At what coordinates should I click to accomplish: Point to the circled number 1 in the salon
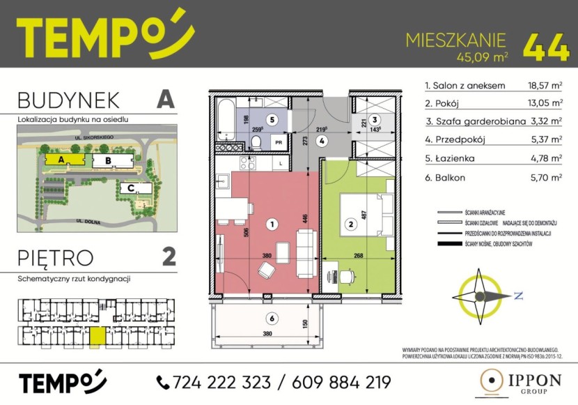pos(272,224)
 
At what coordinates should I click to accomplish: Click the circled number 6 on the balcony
pos(272,319)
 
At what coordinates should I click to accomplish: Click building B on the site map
pos(107,161)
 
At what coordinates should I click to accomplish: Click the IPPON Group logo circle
pos(493,381)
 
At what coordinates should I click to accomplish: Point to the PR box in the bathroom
pos(279,141)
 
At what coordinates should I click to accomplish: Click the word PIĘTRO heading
pos(55,257)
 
